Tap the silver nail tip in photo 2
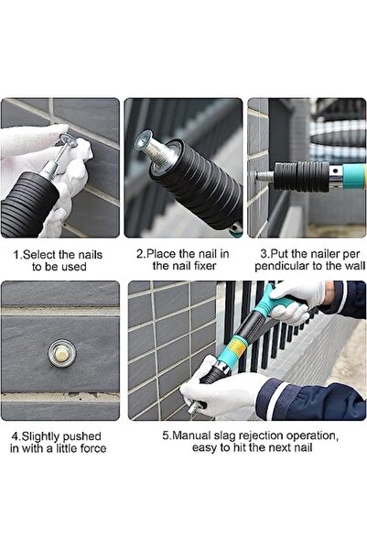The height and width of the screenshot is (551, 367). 144,141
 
